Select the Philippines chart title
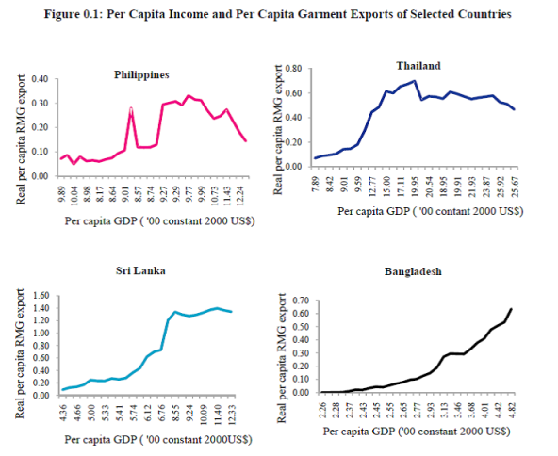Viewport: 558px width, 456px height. click(142, 73)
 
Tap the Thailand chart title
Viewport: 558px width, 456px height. click(418, 65)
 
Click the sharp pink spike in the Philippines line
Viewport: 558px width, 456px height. click(132, 109)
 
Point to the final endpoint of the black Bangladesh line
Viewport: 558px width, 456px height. click(512, 309)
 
